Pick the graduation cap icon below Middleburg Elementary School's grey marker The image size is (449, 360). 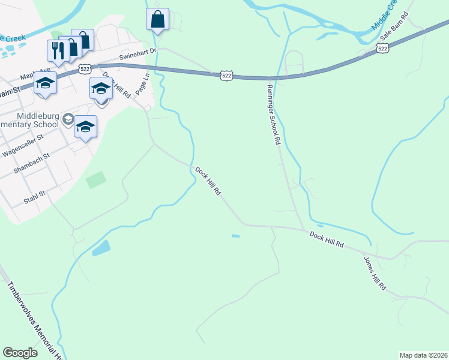click(86, 126)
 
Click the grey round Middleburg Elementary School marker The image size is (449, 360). click(68, 119)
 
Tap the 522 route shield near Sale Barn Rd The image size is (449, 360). click(382, 47)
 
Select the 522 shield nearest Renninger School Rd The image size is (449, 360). click(226, 75)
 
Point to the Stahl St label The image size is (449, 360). click(34, 196)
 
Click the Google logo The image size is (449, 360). click(20, 353)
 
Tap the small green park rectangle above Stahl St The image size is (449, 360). click(96, 179)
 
